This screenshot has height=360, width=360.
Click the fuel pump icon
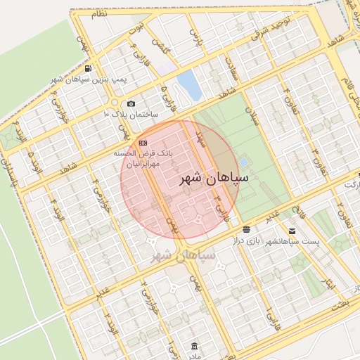point(88,69)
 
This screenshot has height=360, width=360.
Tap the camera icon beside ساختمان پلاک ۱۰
point(131,104)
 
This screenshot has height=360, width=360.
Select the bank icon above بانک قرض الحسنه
point(143,142)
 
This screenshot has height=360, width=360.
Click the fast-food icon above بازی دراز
point(246,230)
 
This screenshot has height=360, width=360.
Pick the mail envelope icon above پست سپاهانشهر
point(292,230)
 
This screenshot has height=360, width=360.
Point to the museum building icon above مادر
point(195,347)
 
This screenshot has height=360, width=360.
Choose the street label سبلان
point(252,116)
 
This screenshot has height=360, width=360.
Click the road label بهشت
point(340,306)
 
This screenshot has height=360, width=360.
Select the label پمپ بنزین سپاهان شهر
point(89,80)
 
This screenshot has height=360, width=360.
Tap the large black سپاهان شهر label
point(215,179)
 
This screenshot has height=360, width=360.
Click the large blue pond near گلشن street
point(189,85)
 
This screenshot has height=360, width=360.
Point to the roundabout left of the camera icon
point(114,104)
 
